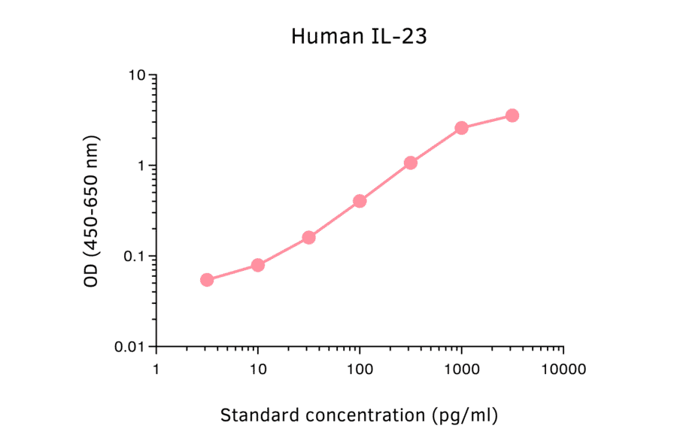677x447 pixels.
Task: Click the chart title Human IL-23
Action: click(359, 36)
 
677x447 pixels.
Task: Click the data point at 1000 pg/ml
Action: click(461, 128)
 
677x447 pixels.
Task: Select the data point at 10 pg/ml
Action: click(257, 265)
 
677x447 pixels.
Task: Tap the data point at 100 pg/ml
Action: click(360, 201)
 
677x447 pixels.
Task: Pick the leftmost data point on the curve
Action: click(207, 280)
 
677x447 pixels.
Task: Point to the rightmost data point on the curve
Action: click(512, 115)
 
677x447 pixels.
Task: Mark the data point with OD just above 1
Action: click(411, 163)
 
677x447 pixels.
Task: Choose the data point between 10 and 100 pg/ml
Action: click(308, 237)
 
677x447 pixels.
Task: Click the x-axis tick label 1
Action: click(156, 370)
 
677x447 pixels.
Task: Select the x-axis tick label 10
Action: click(258, 370)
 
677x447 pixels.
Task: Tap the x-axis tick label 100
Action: click(360, 370)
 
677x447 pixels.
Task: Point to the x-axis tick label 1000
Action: click(461, 370)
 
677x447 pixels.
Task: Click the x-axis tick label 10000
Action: click(563, 370)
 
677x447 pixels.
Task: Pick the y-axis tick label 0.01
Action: click(132, 347)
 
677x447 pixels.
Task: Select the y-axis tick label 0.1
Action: click(135, 257)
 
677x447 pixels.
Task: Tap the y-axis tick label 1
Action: click(142, 166)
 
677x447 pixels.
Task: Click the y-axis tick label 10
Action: click(138, 75)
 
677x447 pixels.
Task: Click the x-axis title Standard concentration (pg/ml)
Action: click(359, 415)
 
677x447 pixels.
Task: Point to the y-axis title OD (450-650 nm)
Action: click(92, 211)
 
